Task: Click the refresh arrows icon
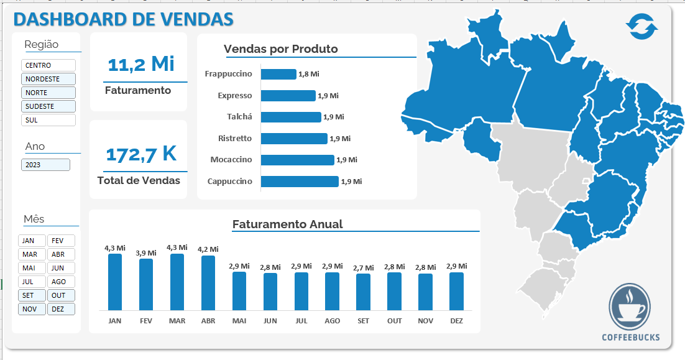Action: point(641,26)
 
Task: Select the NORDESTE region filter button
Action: point(48,79)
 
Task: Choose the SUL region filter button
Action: point(48,120)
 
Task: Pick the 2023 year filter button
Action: point(45,165)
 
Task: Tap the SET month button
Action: point(32,295)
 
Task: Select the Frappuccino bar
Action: point(278,74)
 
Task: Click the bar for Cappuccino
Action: point(300,182)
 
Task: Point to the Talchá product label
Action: point(239,117)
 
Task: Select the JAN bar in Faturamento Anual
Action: point(115,282)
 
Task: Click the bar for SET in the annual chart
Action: point(363,292)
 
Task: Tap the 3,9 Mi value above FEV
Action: point(146,252)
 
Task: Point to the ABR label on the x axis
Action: point(208,321)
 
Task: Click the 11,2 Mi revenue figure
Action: point(141,63)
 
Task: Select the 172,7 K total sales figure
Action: point(141,154)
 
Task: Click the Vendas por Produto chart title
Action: point(281,49)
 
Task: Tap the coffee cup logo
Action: point(630,307)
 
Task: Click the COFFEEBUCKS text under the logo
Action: point(631,338)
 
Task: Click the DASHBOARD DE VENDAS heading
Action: point(123,19)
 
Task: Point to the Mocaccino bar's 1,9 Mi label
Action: point(347,160)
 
